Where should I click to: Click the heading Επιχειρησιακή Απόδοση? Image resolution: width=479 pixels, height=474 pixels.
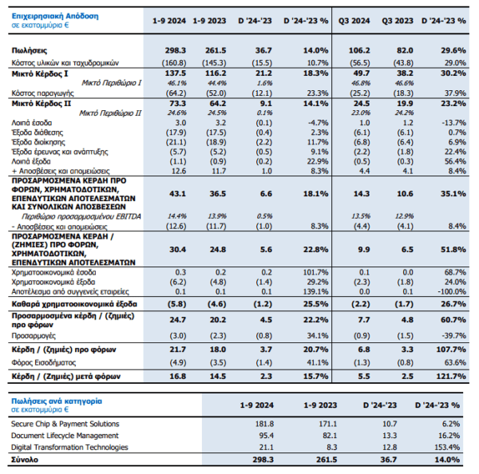55,16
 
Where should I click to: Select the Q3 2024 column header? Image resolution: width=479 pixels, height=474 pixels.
354,21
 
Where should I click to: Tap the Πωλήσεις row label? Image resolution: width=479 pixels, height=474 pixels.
30,50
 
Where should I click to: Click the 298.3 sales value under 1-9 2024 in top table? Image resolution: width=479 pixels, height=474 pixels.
176,50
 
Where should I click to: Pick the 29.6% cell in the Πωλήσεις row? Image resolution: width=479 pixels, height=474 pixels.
453,50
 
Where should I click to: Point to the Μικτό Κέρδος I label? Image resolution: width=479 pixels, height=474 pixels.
40,73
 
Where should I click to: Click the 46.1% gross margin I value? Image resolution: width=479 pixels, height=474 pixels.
177,83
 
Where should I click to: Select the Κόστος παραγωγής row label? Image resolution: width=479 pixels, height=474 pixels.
42,93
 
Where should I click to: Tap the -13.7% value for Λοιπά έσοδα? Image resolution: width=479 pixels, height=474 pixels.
453,123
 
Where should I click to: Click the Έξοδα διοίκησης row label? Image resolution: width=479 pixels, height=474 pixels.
38,142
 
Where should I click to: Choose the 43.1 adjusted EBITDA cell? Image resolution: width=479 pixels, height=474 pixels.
177,194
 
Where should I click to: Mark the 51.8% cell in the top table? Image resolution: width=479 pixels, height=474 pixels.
453,250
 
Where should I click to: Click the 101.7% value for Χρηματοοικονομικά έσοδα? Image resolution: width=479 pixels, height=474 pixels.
315,272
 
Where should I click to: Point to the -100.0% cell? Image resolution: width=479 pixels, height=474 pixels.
452,292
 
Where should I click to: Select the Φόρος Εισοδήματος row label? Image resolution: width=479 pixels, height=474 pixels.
43,363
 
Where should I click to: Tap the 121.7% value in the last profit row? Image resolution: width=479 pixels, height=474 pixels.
451,377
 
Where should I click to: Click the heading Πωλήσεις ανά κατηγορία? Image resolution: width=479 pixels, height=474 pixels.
57,401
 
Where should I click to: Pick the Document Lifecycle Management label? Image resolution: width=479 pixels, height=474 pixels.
65,436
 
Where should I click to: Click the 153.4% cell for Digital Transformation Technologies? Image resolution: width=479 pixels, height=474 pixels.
447,448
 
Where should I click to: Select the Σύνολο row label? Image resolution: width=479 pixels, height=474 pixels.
25,460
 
